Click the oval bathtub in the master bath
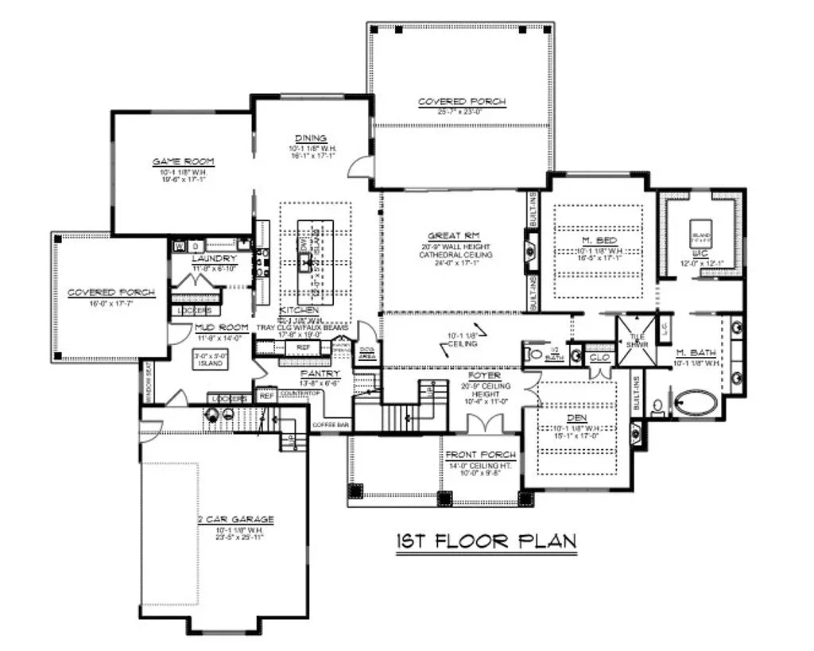tap(695, 404)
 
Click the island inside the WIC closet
tap(700, 231)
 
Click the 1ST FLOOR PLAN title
tap(486, 541)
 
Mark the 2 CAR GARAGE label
tap(236, 520)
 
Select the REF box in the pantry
tap(266, 394)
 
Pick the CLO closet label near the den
tap(598, 358)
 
